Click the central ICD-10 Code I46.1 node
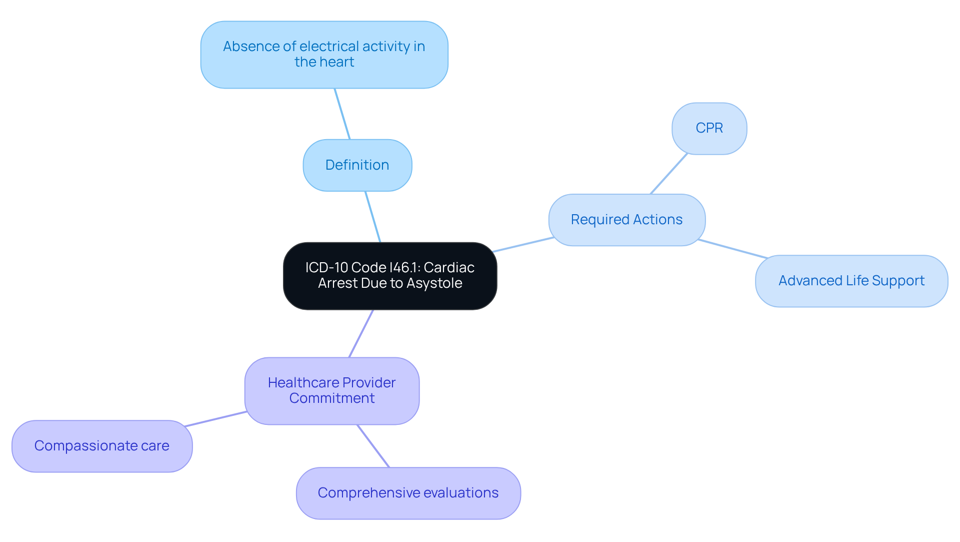[390, 275]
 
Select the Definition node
[357, 165]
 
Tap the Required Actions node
[626, 220]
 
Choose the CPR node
[709, 128]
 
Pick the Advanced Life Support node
[851, 281]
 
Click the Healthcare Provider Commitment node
[331, 390]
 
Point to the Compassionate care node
[101, 446]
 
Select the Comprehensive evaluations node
[408, 493]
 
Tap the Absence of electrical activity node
[324, 54]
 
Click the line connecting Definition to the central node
[373, 217]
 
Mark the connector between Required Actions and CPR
[669, 174]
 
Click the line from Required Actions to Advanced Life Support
[732, 249]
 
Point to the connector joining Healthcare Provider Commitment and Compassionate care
[215, 419]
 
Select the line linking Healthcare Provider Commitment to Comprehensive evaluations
[373, 446]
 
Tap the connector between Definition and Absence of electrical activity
[342, 114]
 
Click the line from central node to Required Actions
[523, 245]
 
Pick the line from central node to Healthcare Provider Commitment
[361, 333]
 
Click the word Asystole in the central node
[434, 283]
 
